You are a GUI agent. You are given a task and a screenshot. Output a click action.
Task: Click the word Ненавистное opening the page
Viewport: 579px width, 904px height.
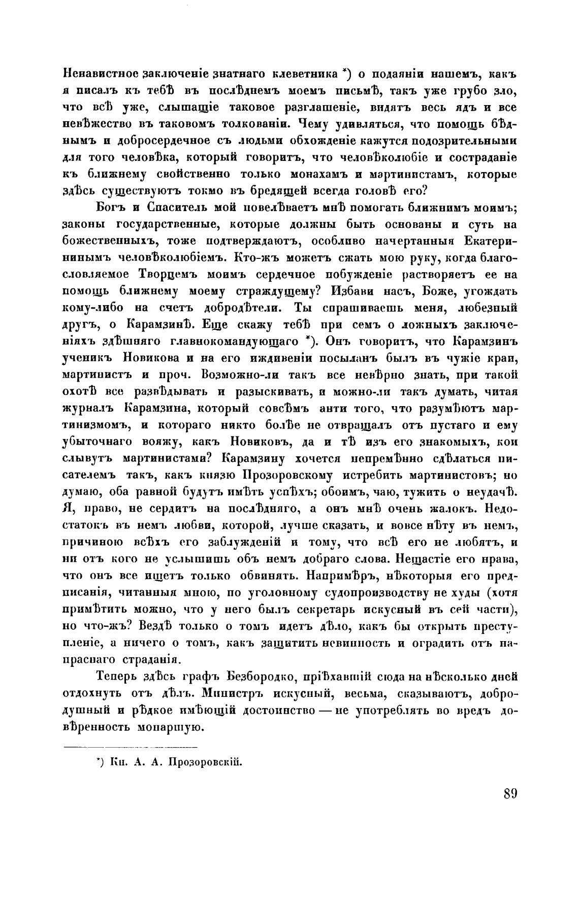tap(93, 74)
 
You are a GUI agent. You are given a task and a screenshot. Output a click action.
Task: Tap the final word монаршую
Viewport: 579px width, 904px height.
tap(169, 727)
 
